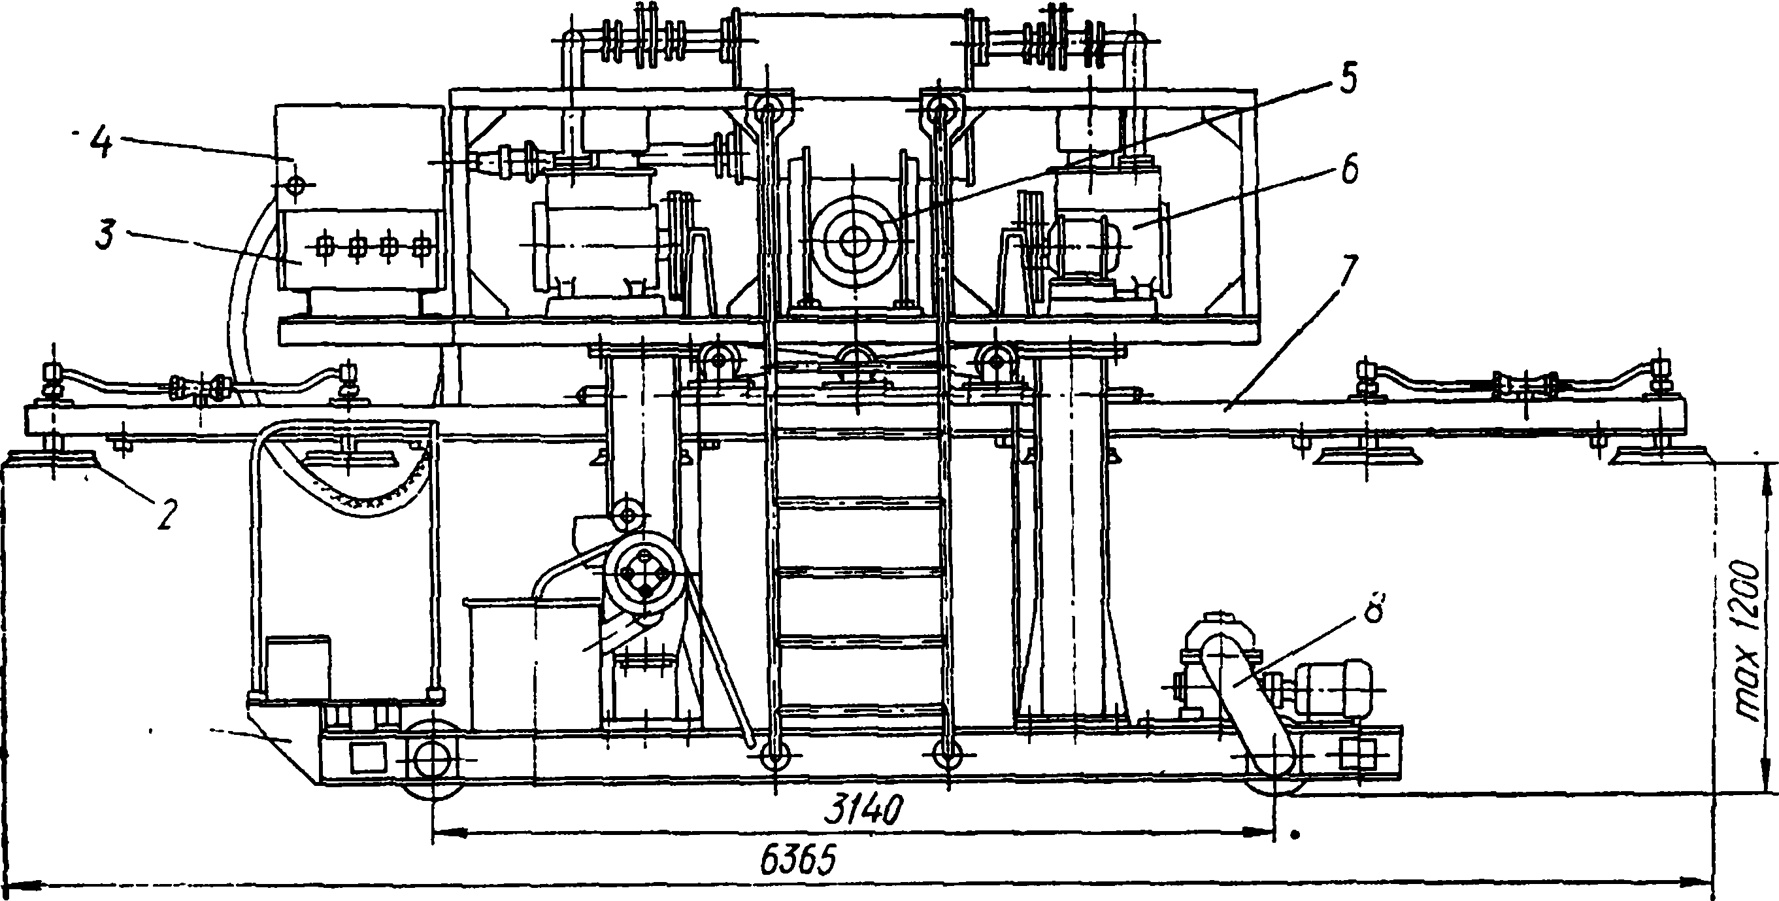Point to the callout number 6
pyautogui.click(x=1349, y=170)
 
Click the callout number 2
pyautogui.click(x=166, y=514)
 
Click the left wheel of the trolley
pyautogui.click(x=432, y=758)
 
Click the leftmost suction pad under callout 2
pyautogui.click(x=52, y=460)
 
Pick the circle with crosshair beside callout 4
pyautogui.click(x=295, y=184)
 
